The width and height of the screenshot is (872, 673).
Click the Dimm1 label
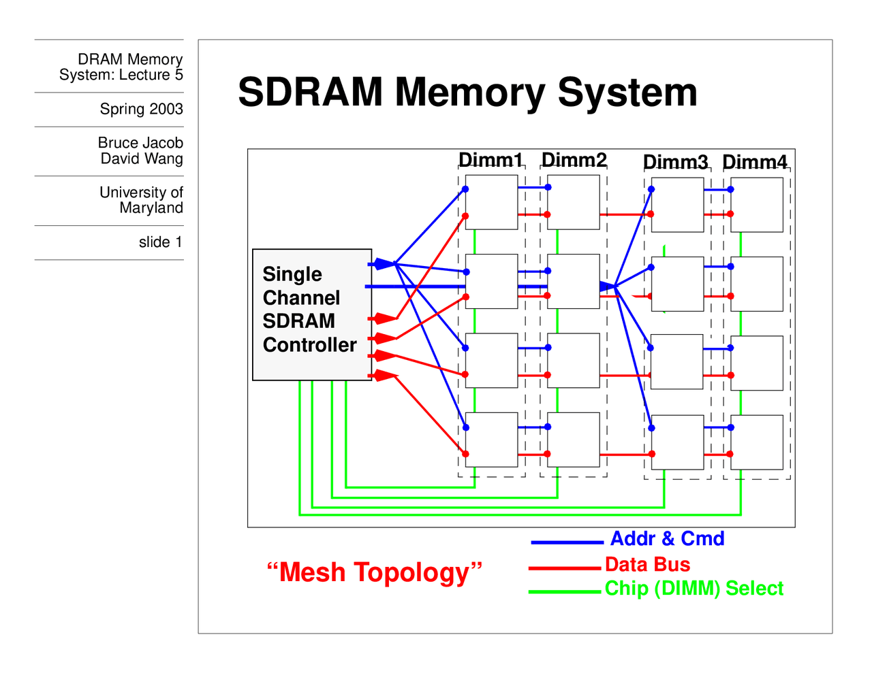(x=490, y=160)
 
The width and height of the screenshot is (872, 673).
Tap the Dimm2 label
(x=574, y=160)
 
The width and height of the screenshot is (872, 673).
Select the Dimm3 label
(x=675, y=162)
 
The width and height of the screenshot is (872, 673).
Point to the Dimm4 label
(x=755, y=162)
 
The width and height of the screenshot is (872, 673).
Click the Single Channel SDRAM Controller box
(x=311, y=314)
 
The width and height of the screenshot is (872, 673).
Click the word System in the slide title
(x=627, y=93)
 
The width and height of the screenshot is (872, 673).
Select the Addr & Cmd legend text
(x=667, y=539)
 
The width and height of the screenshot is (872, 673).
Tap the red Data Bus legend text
(x=647, y=564)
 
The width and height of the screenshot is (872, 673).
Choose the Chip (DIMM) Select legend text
(x=694, y=589)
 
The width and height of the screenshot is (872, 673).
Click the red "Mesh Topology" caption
(x=375, y=572)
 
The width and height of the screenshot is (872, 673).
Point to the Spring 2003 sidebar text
(x=141, y=109)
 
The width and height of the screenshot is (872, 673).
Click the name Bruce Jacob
(x=140, y=143)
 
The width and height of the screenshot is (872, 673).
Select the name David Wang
(x=142, y=159)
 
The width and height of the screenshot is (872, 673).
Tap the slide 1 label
(x=160, y=242)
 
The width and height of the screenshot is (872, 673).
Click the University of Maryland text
(x=141, y=200)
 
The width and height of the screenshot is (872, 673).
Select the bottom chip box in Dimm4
(x=757, y=442)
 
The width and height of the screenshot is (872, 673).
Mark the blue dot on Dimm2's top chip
(x=548, y=187)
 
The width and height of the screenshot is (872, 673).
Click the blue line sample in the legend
(x=567, y=542)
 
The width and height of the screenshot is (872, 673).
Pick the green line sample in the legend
(x=565, y=592)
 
